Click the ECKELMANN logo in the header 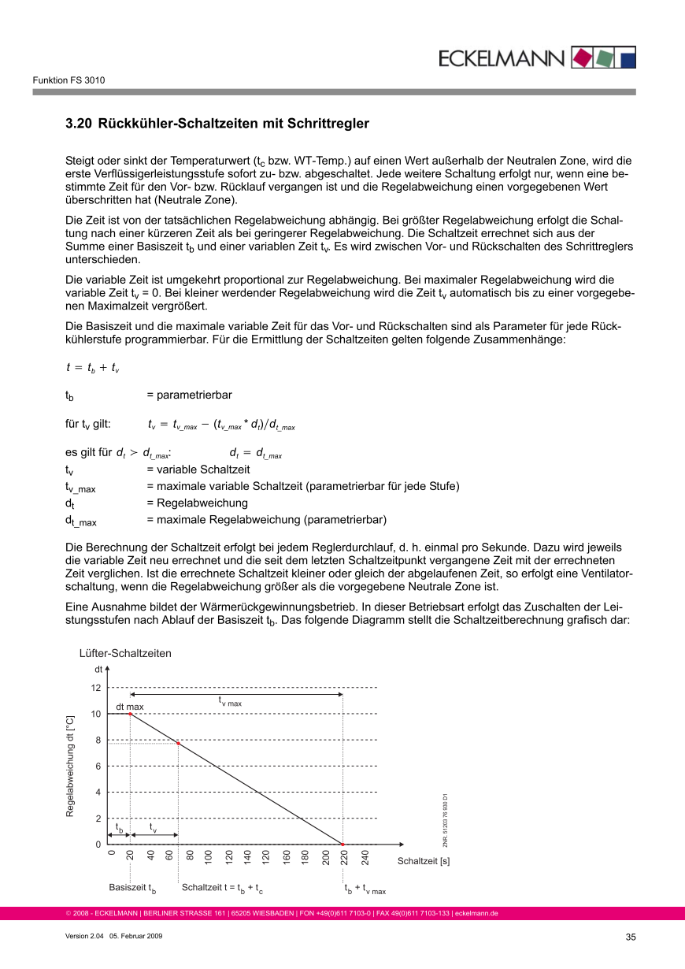536,58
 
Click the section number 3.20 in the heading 78,124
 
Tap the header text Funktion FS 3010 68,80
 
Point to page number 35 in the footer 630,937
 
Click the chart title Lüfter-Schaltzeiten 125,653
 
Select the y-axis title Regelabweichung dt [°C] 70,766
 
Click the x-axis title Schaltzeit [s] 424,861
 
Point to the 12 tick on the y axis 96,688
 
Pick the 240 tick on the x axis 365,859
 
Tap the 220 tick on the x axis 345,859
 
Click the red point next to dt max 130,714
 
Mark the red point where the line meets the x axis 342,845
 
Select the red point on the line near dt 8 179,744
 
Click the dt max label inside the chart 130,707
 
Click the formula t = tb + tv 93,367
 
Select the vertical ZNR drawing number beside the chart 445,820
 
